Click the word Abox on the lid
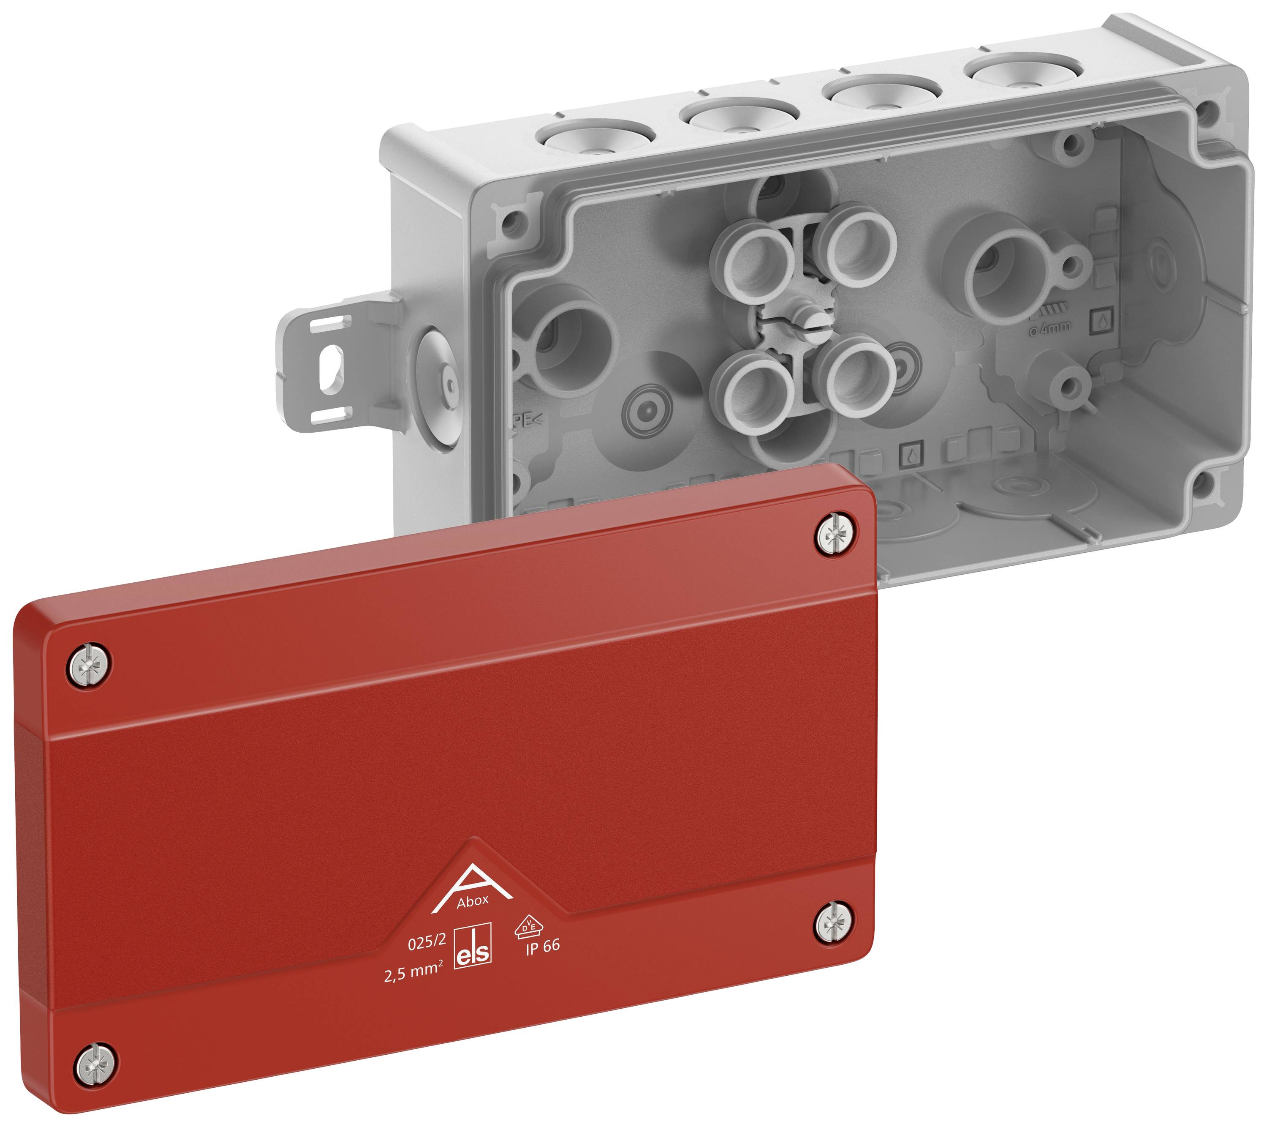[x=472, y=901]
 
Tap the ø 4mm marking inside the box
[x=1049, y=327]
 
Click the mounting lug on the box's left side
[x=329, y=366]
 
